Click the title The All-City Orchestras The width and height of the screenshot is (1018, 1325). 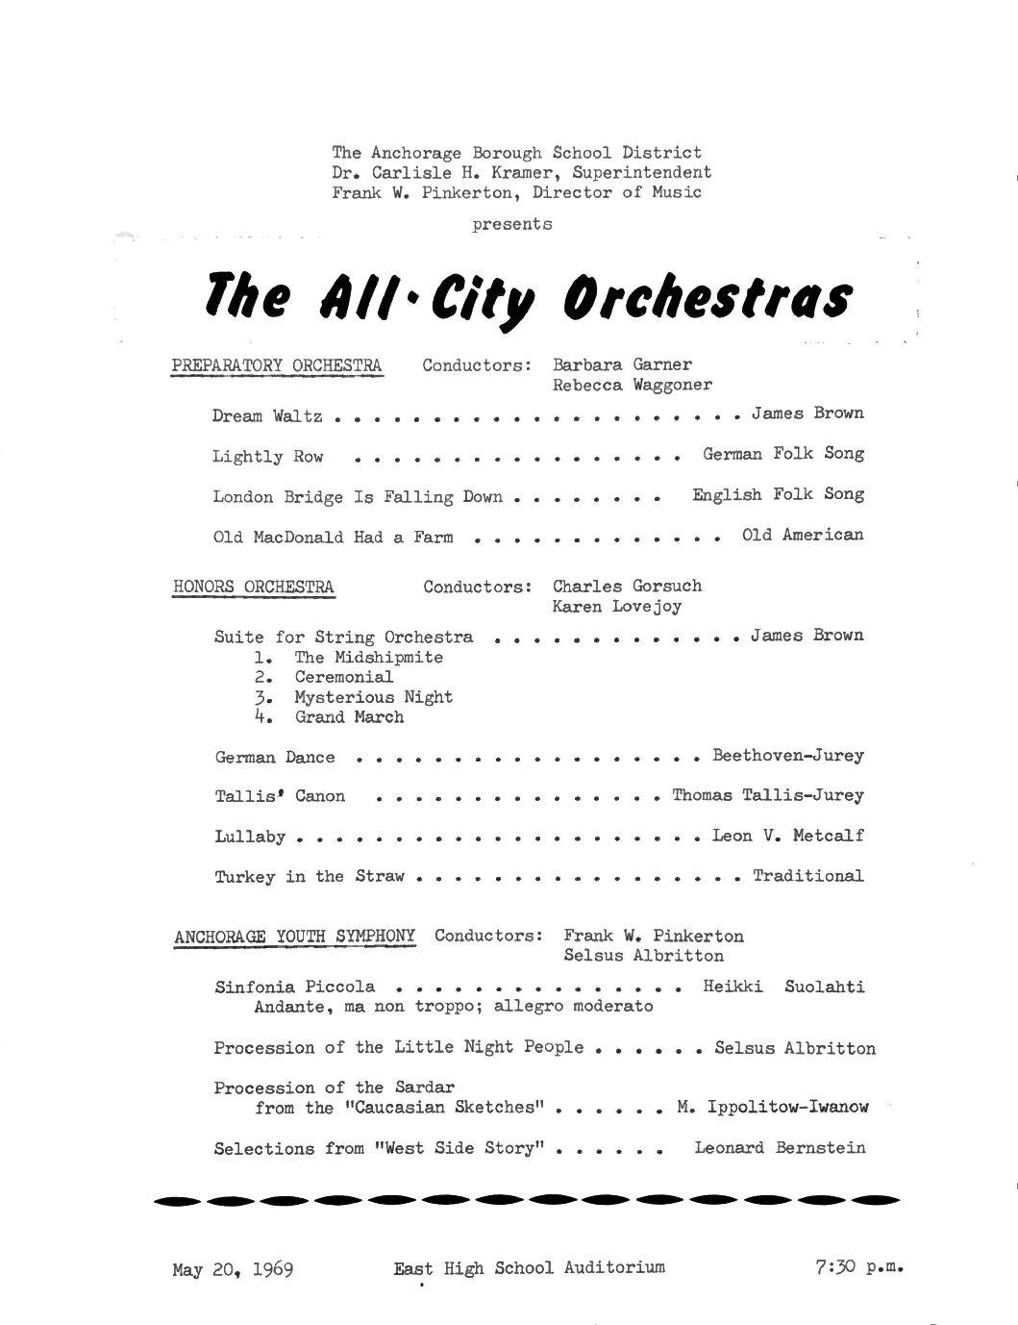click(528, 298)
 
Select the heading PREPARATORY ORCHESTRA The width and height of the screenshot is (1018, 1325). click(276, 365)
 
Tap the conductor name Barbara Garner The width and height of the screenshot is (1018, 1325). click(622, 364)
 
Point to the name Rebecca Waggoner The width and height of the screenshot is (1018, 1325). click(633, 386)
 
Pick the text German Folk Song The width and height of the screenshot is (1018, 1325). click(782, 454)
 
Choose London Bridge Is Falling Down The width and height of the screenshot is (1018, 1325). click(358, 497)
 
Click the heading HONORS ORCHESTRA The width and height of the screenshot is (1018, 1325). click(254, 587)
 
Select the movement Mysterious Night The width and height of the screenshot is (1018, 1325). click(373, 697)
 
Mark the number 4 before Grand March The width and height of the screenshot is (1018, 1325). click(260, 717)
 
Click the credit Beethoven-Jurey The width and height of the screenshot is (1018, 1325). click(787, 756)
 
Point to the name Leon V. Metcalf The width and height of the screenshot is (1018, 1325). click(787, 836)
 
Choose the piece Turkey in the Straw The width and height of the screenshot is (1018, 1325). click(310, 877)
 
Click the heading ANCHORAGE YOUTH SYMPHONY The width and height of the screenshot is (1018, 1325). click(295, 936)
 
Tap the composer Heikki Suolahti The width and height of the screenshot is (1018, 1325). click(783, 987)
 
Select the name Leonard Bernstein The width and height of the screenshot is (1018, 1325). click(780, 1148)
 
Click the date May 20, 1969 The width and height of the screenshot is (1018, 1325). click(233, 1269)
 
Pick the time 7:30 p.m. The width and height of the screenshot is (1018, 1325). click(857, 1267)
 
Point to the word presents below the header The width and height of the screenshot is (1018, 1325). click(511, 224)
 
